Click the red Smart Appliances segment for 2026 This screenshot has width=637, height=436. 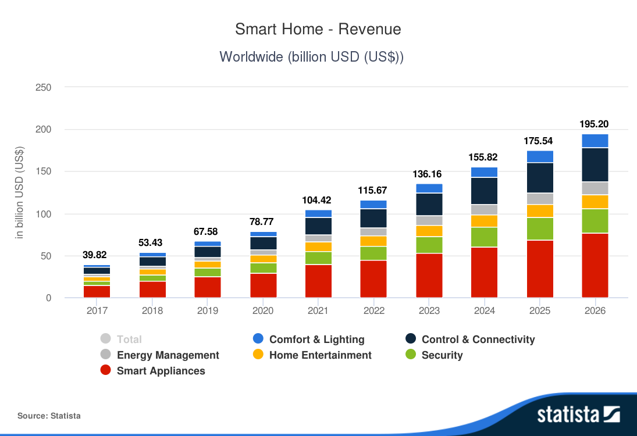pyautogui.click(x=595, y=266)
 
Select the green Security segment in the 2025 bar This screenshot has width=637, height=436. pyautogui.click(x=539, y=228)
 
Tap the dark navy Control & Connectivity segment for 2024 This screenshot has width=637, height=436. pyautogui.click(x=484, y=191)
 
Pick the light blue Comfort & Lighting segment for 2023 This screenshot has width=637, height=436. pyautogui.click(x=429, y=188)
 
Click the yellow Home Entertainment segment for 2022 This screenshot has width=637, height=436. pyautogui.click(x=373, y=241)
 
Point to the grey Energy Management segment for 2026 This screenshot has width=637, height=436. pyautogui.click(x=595, y=188)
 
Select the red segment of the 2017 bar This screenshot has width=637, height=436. pyautogui.click(x=97, y=292)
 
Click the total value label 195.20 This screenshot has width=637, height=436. pyautogui.click(x=595, y=124)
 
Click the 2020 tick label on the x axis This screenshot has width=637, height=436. pyautogui.click(x=263, y=310)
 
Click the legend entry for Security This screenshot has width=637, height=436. pyautogui.click(x=442, y=355)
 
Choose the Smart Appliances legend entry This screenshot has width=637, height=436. pyautogui.click(x=161, y=371)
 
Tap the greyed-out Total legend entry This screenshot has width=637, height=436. pyautogui.click(x=129, y=339)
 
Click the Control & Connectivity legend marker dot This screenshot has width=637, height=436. pyautogui.click(x=411, y=339)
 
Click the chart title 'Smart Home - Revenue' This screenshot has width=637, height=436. pyautogui.click(x=318, y=29)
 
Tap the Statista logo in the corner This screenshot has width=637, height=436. pyautogui.click(x=578, y=414)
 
